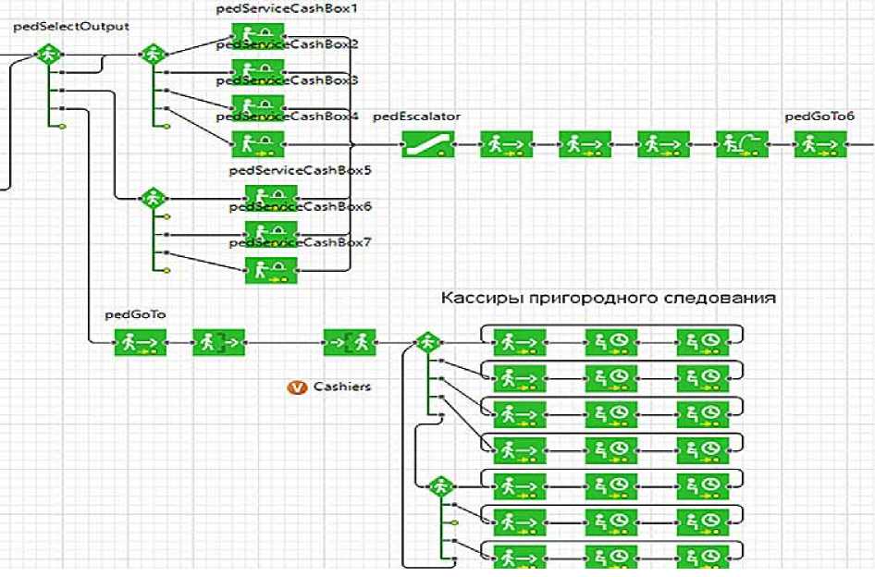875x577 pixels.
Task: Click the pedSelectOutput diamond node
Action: (46, 55)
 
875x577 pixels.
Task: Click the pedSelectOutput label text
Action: (71, 27)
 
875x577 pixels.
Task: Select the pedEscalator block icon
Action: (426, 144)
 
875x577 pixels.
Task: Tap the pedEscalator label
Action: (416, 117)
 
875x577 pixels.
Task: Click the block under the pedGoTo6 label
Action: (819, 144)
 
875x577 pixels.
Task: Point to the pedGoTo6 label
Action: (820, 117)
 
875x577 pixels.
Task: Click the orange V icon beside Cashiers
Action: (297, 387)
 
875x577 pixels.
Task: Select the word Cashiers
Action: (342, 387)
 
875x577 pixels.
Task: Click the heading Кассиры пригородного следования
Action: (608, 299)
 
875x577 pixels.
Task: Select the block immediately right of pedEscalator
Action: (505, 144)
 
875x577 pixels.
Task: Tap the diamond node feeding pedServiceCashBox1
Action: (152, 55)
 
